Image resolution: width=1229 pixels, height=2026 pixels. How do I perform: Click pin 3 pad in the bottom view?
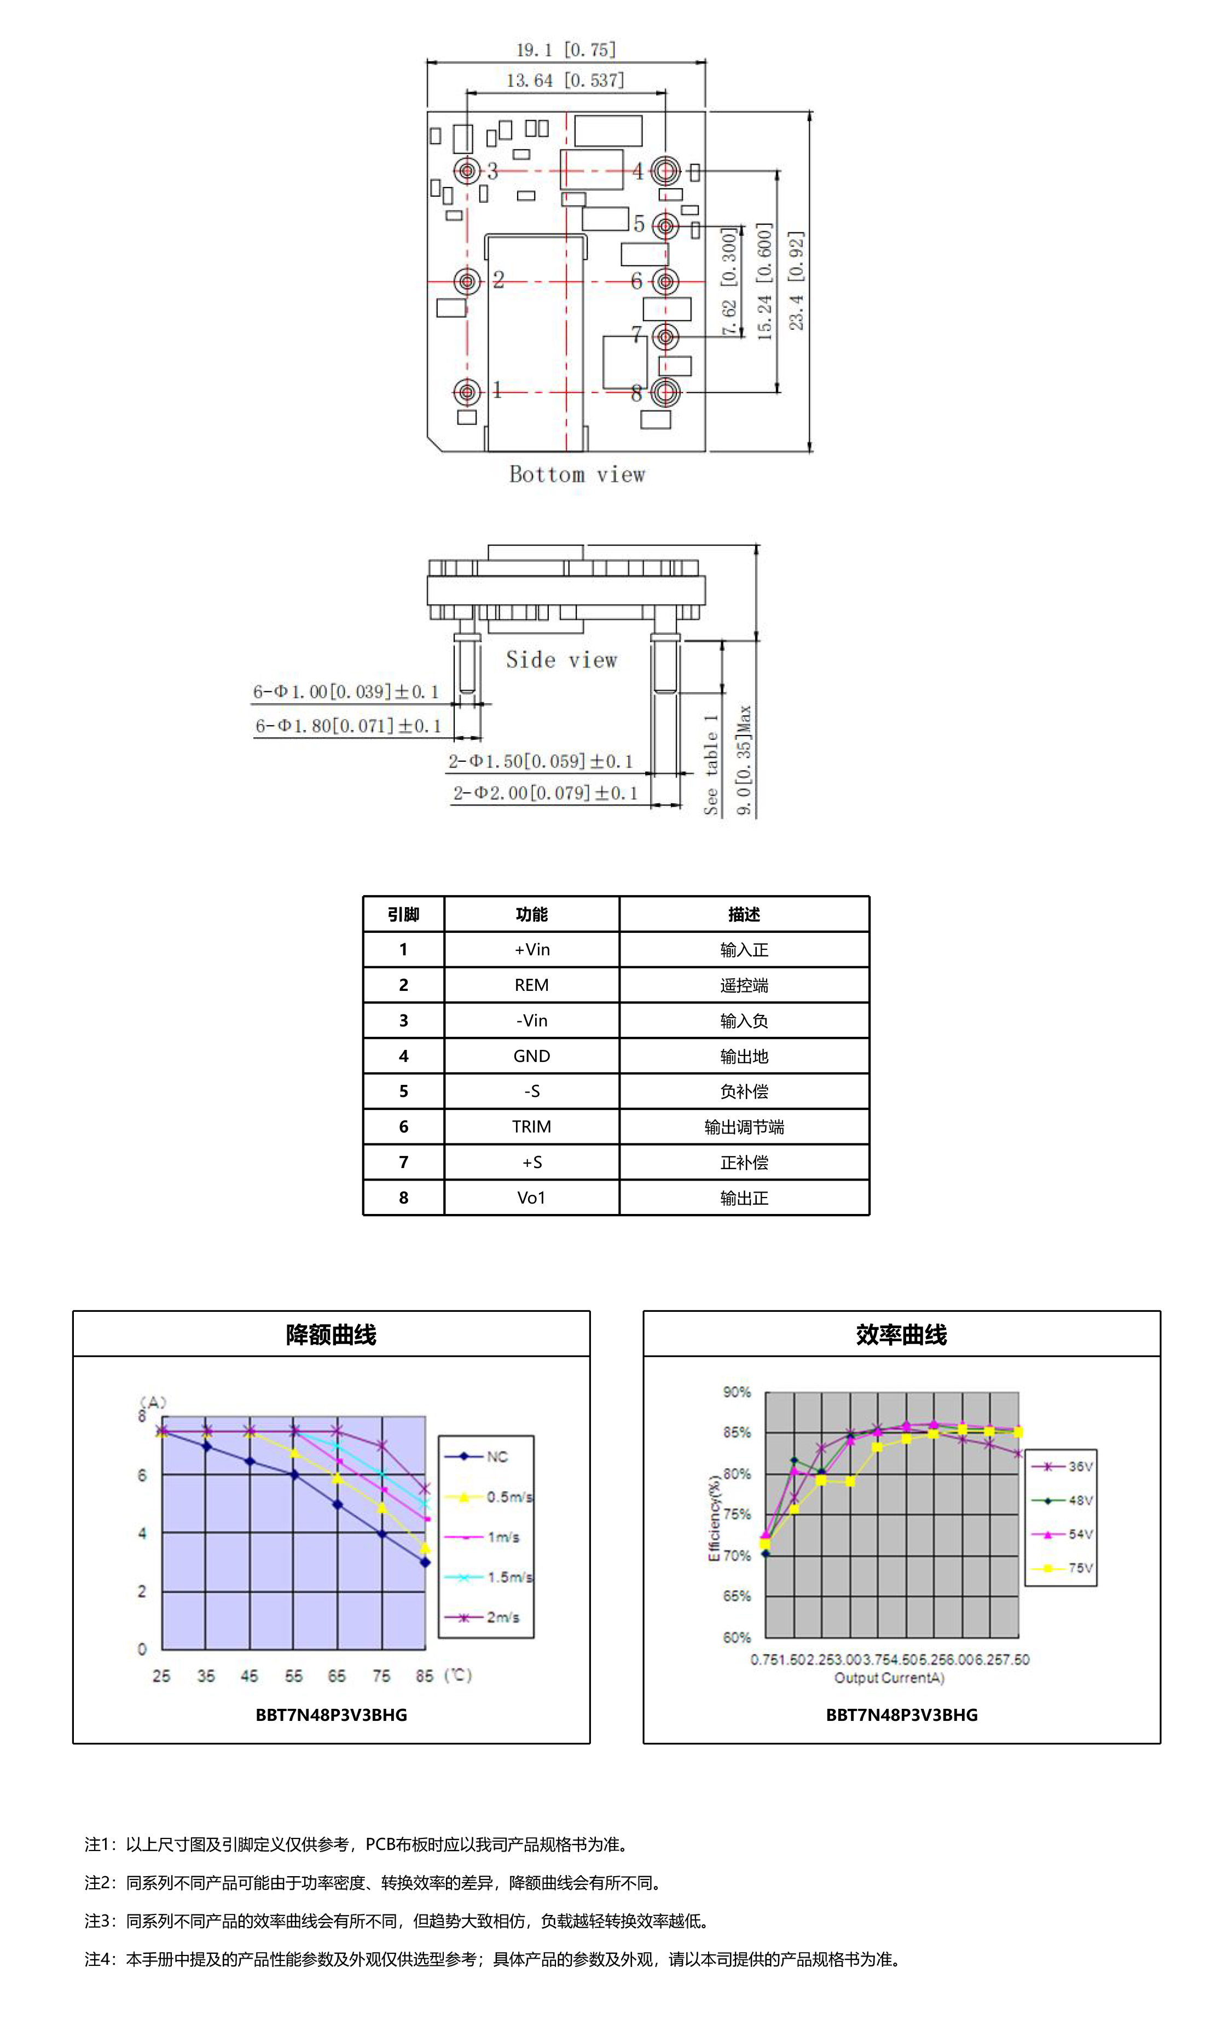(x=467, y=171)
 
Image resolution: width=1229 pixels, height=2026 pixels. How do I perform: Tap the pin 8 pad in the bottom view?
(x=665, y=392)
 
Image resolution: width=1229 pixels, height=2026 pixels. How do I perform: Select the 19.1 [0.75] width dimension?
(x=565, y=50)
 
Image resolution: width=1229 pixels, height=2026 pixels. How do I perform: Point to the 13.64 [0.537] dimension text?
(x=565, y=80)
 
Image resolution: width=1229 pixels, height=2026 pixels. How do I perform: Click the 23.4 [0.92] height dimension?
(x=796, y=281)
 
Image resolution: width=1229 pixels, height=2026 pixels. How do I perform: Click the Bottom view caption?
(x=577, y=475)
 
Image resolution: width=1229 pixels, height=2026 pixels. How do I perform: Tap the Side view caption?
(x=561, y=660)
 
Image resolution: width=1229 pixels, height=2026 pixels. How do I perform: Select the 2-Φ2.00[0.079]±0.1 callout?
(x=544, y=793)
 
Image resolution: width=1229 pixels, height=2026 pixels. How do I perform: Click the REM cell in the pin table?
(x=531, y=985)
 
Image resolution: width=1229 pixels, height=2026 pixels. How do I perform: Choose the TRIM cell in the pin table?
(x=531, y=1126)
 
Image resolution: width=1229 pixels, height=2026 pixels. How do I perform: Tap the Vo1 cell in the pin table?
(x=531, y=1197)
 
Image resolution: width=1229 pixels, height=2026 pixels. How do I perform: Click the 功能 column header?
(x=531, y=914)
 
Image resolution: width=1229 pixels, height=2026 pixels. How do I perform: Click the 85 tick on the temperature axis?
(x=425, y=1675)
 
